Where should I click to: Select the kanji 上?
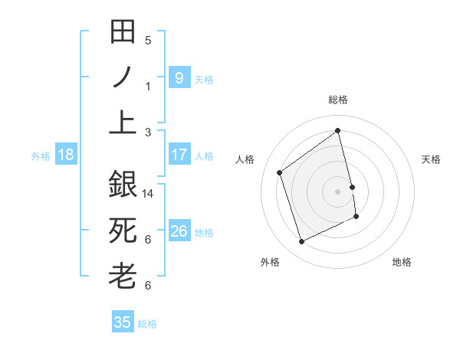123,123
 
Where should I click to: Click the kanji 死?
123,231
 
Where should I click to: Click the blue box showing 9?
179,77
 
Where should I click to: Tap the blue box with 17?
179,155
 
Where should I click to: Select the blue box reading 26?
179,231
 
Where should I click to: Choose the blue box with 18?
65,155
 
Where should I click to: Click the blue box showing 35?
123,322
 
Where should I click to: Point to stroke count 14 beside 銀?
148,194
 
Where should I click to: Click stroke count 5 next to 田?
148,41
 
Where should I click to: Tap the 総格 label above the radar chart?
337,100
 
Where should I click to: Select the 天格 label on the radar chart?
432,159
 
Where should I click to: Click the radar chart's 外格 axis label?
269,262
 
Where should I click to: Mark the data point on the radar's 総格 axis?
338,131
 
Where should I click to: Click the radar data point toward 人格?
280,172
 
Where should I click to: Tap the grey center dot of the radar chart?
337,191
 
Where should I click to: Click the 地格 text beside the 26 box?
204,232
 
